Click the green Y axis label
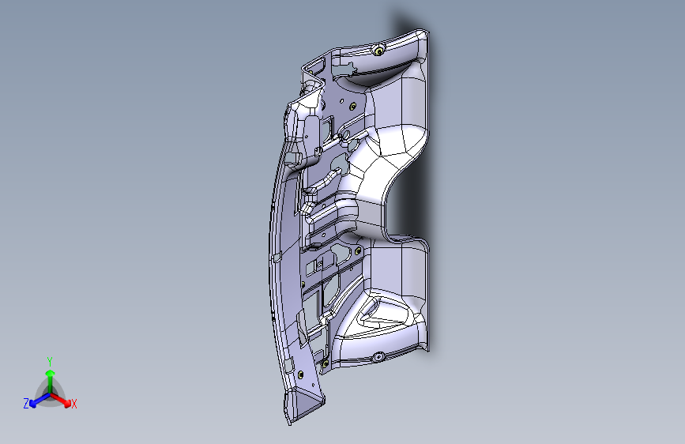pos(50,359)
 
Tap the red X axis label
pos(74,404)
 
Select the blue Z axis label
pos(26,404)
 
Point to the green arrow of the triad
pos(50,374)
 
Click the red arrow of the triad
pos(63,400)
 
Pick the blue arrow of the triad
pos(36,400)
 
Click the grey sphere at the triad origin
pos(50,393)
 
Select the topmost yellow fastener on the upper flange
pos(380,51)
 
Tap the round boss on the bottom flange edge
pos(378,357)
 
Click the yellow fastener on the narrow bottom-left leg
pos(299,373)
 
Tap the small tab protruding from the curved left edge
pos(276,258)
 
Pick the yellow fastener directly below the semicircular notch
pos(359,251)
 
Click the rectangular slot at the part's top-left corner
pos(316,62)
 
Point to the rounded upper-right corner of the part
pos(423,36)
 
